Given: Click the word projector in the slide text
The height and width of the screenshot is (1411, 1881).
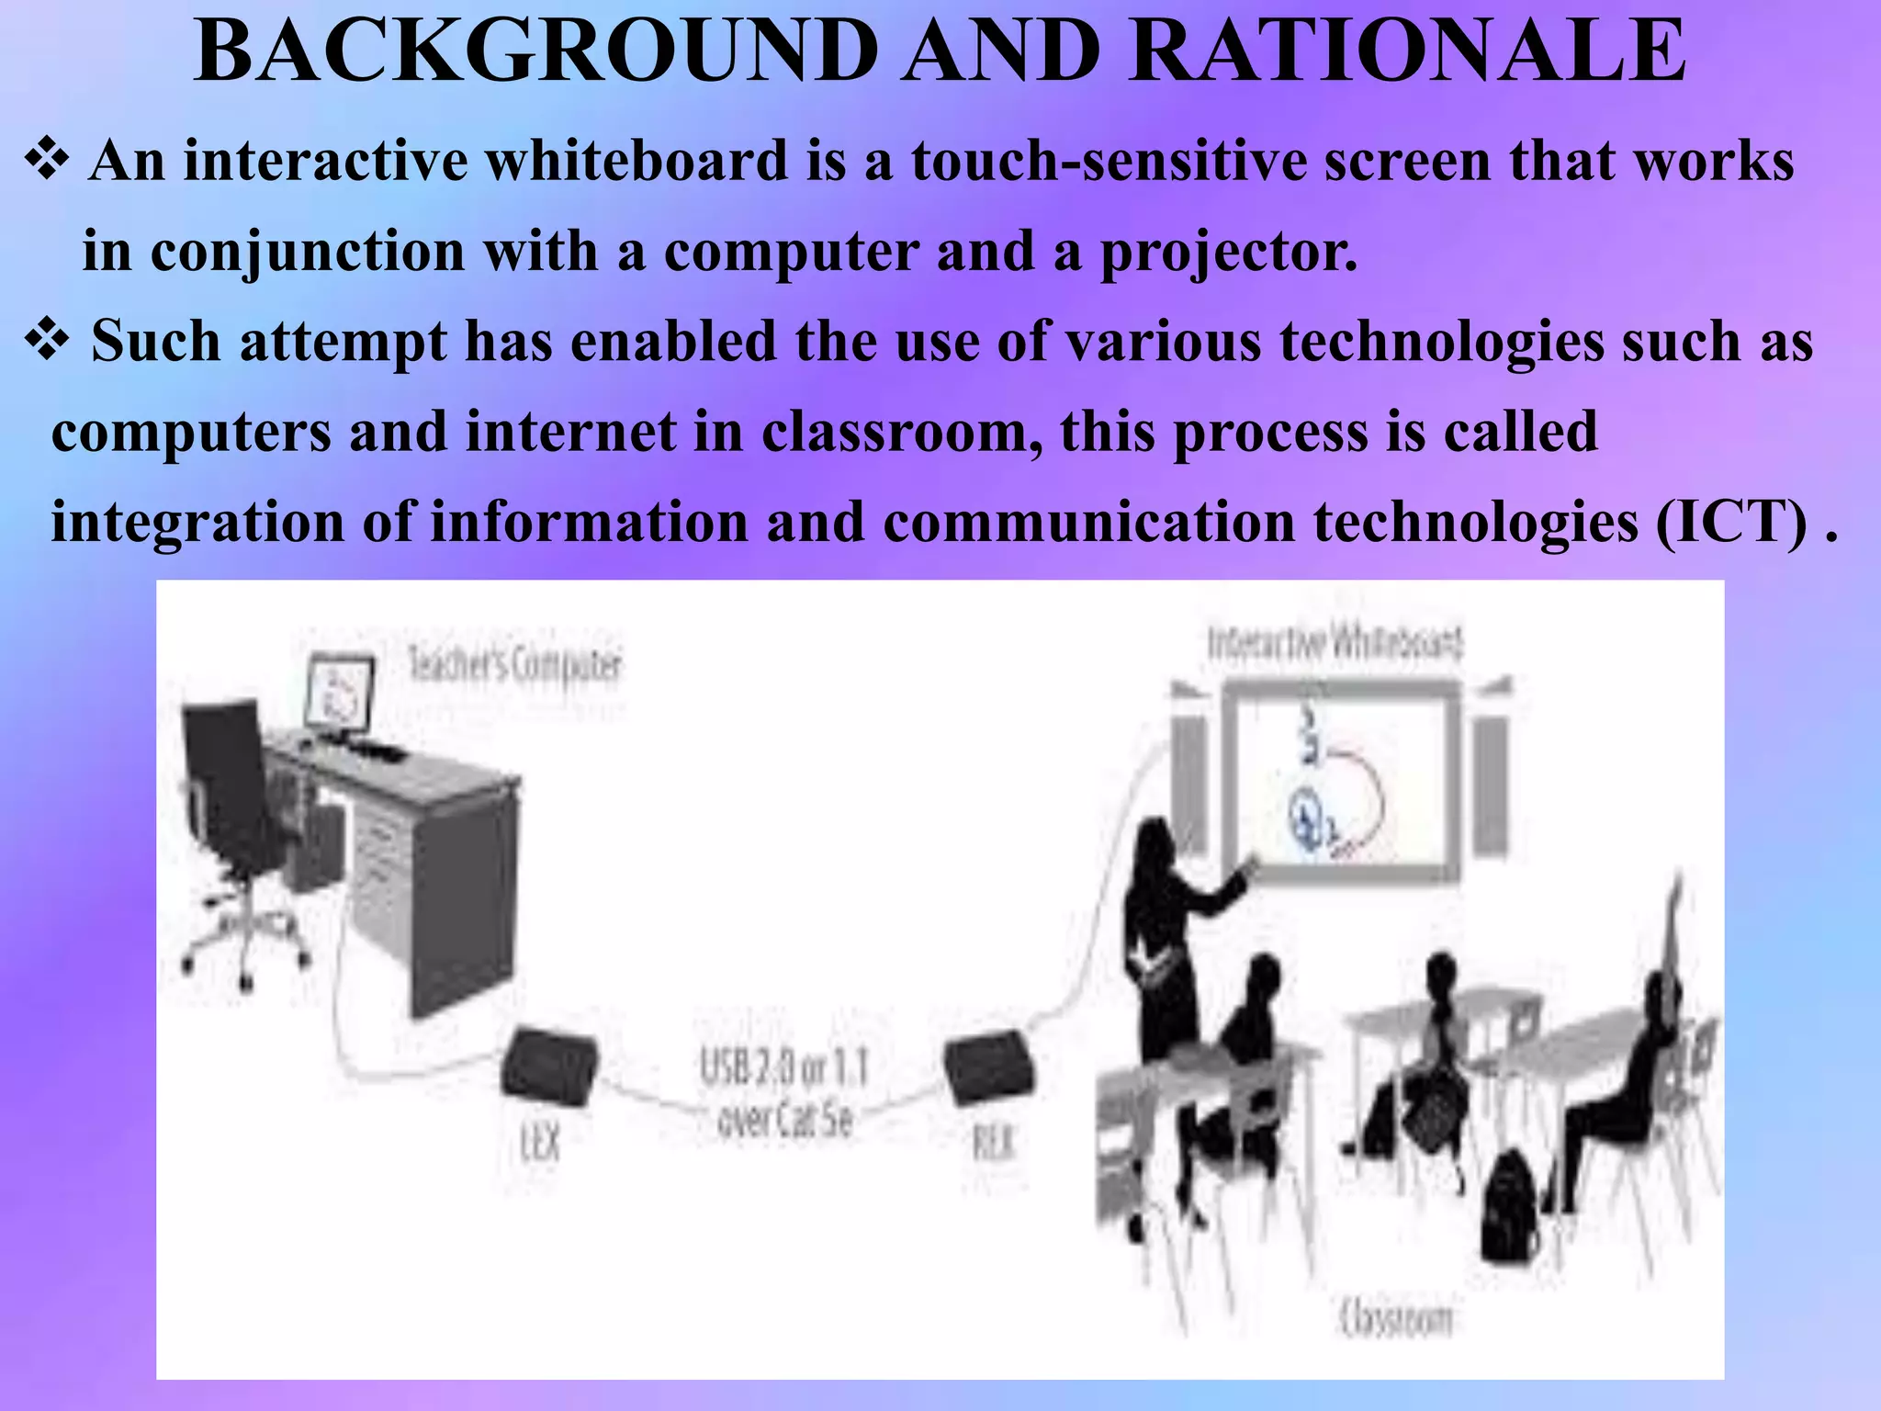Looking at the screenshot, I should [1229, 252].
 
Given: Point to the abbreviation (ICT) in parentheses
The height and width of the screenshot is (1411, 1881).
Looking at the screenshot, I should [1732, 523].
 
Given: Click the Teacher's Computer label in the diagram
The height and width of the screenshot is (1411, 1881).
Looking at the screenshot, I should [514, 664].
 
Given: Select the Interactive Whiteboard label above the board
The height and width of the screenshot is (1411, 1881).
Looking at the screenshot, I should [1335, 642].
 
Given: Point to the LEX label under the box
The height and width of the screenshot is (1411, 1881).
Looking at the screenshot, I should [540, 1143].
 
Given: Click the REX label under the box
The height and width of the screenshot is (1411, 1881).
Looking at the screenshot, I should [994, 1143].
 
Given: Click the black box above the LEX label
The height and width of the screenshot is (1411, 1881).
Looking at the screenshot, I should [549, 1067].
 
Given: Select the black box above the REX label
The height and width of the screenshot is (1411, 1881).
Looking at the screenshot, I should [989, 1069].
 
